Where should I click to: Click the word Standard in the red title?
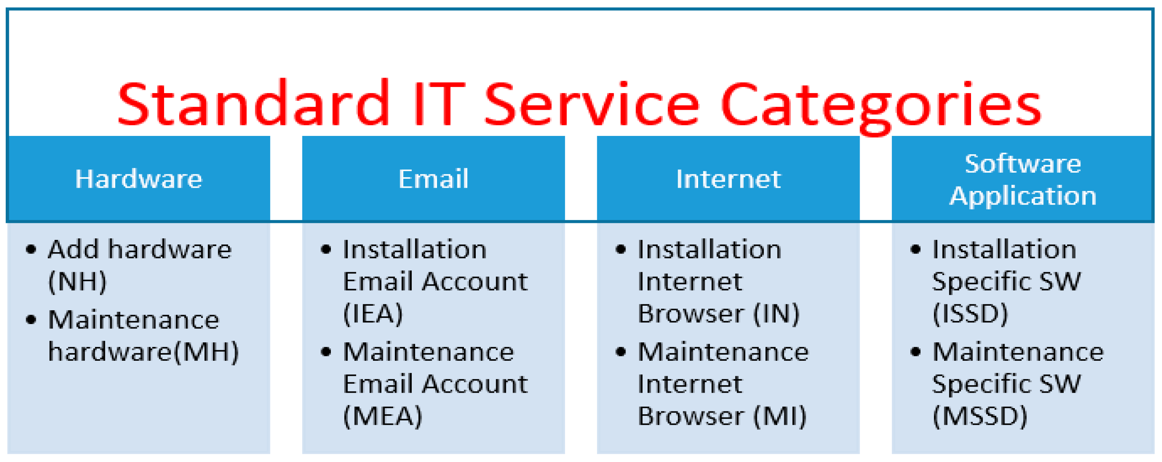(x=253, y=103)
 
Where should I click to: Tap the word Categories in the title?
(x=881, y=107)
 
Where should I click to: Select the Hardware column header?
(x=138, y=179)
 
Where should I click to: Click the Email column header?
(x=433, y=179)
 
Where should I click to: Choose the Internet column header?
(x=728, y=179)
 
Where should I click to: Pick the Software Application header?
(x=1022, y=179)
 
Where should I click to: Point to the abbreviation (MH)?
(x=206, y=352)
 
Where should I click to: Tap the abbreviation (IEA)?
(x=373, y=313)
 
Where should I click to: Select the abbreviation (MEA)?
(x=383, y=416)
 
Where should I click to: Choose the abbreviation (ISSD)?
(x=970, y=313)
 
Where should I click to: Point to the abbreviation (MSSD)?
(x=980, y=416)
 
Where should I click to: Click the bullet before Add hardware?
(x=31, y=249)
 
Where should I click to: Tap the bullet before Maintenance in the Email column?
(x=326, y=352)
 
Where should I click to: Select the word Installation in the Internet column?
(x=709, y=249)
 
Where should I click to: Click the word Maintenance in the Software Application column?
(x=1018, y=352)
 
